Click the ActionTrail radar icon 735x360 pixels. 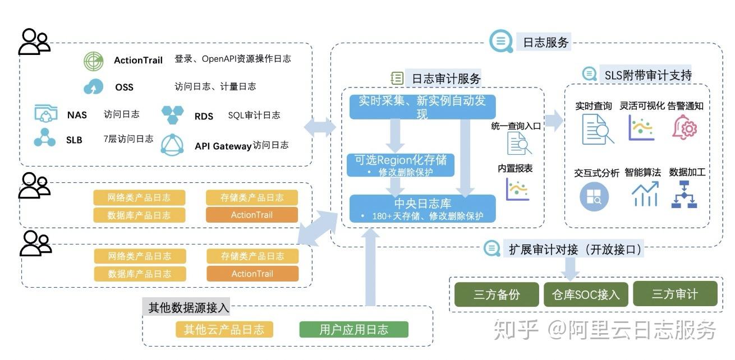94,61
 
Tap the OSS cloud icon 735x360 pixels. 94,87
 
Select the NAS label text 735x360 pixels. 77,115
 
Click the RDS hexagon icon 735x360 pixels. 173,114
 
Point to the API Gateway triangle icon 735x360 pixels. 173,145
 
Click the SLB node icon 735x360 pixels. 45,138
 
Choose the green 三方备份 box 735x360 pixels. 497,294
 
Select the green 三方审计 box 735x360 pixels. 674,294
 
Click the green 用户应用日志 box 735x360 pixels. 353,329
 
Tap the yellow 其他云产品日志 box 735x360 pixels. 224,329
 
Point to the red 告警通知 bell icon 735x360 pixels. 685,127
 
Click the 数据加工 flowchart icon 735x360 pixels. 684,195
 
